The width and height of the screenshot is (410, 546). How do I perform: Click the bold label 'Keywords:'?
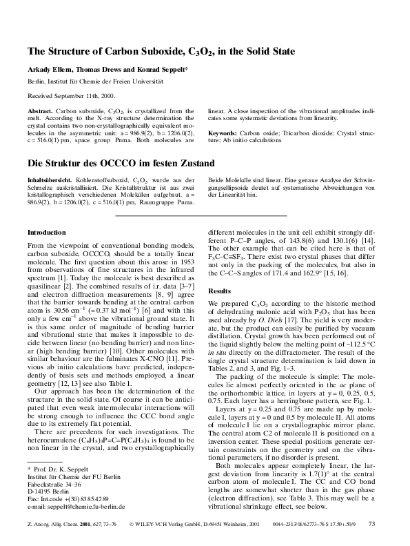[x=223, y=132]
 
